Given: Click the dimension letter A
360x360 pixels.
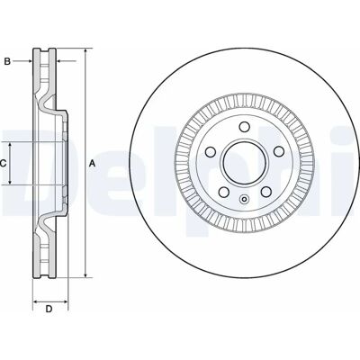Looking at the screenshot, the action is click(93, 164).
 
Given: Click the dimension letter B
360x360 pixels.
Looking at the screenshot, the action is click(7, 61).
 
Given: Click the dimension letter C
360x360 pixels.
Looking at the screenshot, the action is click(3, 164).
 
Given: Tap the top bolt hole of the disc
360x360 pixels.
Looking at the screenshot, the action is click(245, 126).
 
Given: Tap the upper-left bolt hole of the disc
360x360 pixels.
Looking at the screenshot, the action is click(211, 151).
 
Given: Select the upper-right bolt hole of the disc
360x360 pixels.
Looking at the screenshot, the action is click(279, 151).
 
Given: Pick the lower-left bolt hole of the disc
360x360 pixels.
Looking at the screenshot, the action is click(223, 192).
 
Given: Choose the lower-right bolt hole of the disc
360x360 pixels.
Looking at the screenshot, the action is click(266, 192).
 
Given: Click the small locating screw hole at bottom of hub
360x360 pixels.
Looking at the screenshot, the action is click(245, 199).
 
